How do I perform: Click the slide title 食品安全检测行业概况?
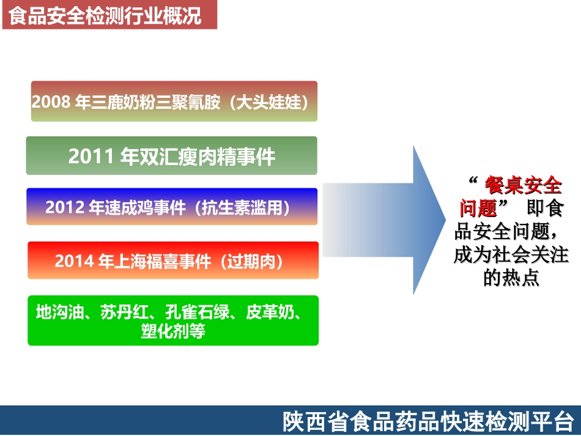[x=105, y=16]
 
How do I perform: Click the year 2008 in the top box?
[x=51, y=102]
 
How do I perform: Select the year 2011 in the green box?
[x=91, y=157]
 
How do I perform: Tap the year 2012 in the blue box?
[x=65, y=207]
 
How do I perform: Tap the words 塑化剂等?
[x=173, y=331]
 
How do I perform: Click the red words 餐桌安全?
[x=522, y=184]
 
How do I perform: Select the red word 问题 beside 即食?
[x=478, y=208]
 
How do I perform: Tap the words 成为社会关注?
[x=511, y=254]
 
